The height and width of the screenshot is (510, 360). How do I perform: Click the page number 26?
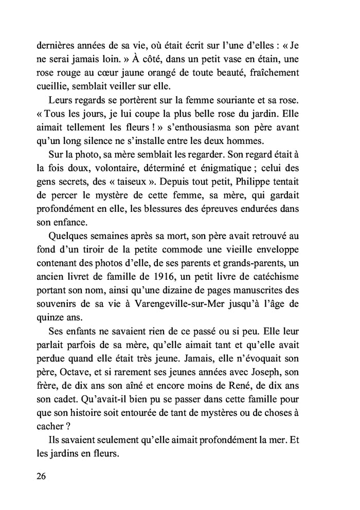click(x=42, y=476)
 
